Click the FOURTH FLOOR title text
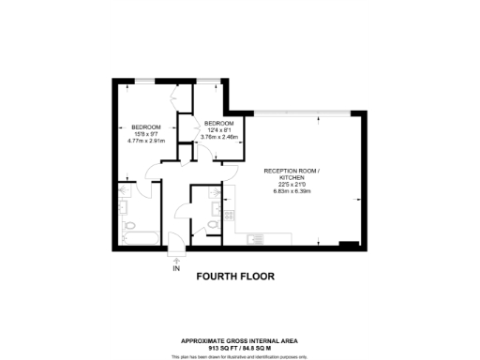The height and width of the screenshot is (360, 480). pyautogui.click(x=238, y=277)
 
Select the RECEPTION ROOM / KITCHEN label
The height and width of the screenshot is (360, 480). pyautogui.click(x=292, y=173)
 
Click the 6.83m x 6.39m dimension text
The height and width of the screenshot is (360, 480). pyautogui.click(x=292, y=191)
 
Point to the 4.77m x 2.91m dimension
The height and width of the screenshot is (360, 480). pyautogui.click(x=146, y=142)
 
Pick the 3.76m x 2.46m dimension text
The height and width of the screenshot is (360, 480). pyautogui.click(x=219, y=137)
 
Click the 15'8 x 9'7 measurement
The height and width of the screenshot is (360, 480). pyautogui.click(x=146, y=134)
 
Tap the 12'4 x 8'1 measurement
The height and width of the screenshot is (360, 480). pyautogui.click(x=219, y=130)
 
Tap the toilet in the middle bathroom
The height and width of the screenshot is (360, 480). pyautogui.click(x=214, y=224)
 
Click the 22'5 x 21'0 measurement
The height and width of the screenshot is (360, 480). pyautogui.click(x=292, y=185)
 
